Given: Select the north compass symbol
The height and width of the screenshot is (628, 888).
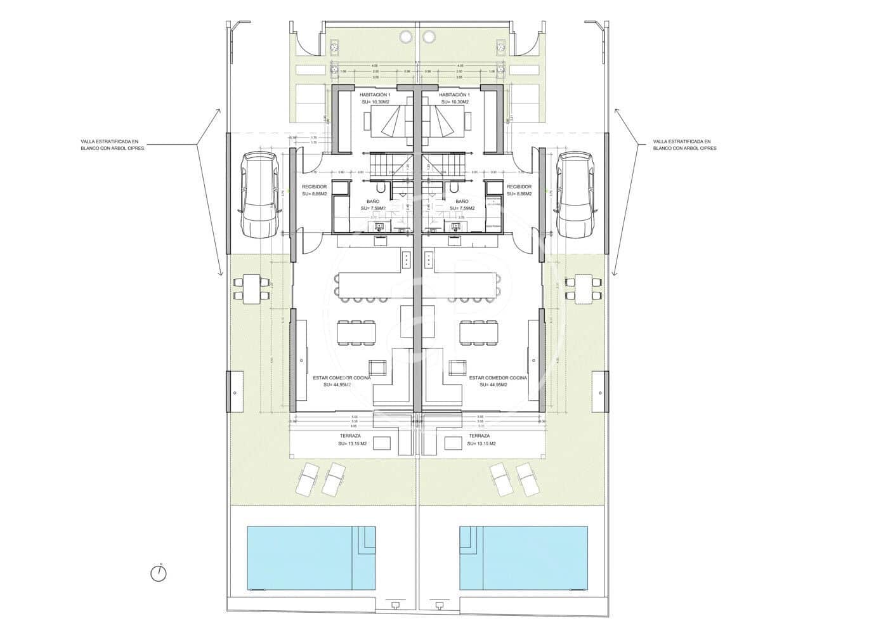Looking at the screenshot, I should coord(159,573).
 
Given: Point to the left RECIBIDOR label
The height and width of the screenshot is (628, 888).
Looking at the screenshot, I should coord(315,186).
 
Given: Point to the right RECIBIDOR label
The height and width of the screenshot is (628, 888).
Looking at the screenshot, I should coord(519,186).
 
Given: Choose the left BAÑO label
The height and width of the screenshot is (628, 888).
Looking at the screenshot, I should coord(373,200).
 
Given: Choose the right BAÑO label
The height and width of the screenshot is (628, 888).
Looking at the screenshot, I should coord(462,200).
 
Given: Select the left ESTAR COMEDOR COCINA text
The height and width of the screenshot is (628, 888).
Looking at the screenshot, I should coord(342,377).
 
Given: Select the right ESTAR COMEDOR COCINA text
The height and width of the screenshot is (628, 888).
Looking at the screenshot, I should coord(498,377).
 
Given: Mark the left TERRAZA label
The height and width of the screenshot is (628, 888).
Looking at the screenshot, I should coord(349,436).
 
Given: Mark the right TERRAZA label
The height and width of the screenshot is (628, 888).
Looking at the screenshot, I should coord(480,436).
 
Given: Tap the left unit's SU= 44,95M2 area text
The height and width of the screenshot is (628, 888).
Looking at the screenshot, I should coord(337,385).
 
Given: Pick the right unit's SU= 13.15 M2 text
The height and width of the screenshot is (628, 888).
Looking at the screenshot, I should coord(481,444).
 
